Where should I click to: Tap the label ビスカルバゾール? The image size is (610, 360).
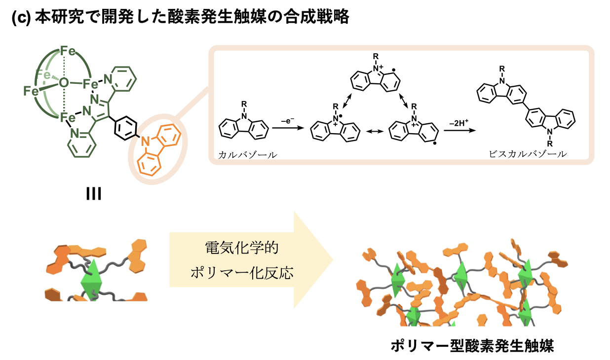pos(528,154)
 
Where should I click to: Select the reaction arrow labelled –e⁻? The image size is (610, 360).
pos(288,128)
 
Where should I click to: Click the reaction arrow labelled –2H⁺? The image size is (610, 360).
pos(460,130)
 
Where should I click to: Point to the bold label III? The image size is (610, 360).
pos(94,194)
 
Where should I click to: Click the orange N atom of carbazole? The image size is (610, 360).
pos(145,141)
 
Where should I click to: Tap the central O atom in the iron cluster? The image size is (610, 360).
pos(64,82)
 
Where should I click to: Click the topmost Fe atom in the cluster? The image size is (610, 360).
pos(68,51)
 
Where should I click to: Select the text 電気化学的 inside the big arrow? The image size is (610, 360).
pos(242,248)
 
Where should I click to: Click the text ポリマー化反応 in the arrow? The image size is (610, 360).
pos(242,273)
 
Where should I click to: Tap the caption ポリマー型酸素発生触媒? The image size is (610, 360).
pos(472,346)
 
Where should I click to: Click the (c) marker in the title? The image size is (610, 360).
pos(21,18)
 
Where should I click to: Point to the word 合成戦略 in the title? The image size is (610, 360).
pos(316,17)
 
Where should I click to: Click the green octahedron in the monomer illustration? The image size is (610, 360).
pos(92,280)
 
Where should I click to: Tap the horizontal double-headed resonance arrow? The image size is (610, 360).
pos(375,132)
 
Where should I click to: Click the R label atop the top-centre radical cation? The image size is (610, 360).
pos(376,56)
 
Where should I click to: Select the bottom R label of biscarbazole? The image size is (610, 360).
pos(550,144)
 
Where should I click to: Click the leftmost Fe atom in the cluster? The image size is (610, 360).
pos(31,91)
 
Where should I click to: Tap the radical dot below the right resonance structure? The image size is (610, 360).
pos(435,143)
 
